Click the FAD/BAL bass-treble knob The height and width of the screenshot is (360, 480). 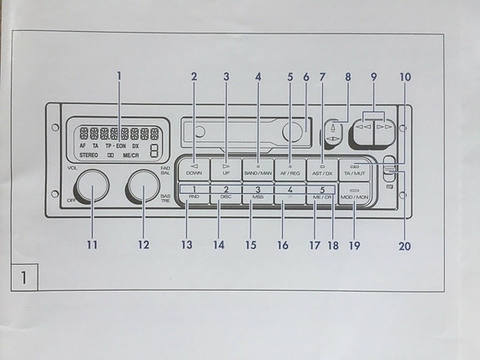coord(143,185)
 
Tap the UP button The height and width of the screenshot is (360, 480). coord(225,169)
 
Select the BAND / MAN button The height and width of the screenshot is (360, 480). coord(258,169)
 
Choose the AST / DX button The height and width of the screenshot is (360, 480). coord(322,169)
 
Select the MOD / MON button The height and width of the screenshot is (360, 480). coord(355,197)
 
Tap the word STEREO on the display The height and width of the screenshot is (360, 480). coord(88,155)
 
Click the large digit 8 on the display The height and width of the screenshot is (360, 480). coord(156,150)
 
